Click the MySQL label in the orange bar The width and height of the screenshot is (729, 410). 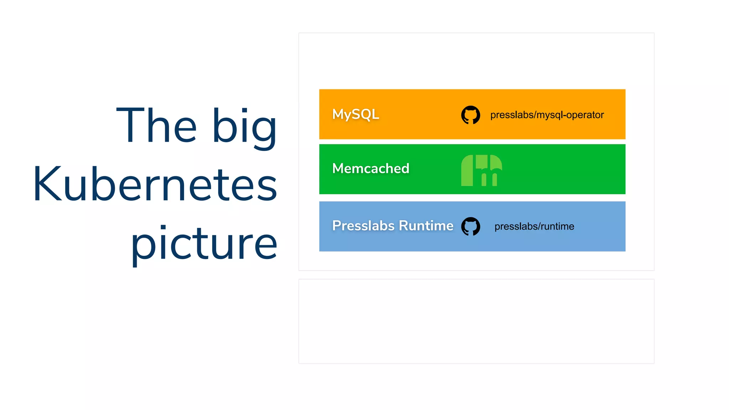[355, 114]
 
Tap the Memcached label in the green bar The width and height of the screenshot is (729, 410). [371, 168]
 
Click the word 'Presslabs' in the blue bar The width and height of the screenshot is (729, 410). [363, 226]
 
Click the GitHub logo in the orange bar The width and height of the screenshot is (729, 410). [471, 115]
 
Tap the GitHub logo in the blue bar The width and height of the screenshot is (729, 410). [471, 226]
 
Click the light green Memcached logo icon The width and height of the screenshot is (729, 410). [481, 170]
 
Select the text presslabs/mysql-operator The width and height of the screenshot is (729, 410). [547, 115]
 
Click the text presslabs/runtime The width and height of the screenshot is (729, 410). [534, 226]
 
